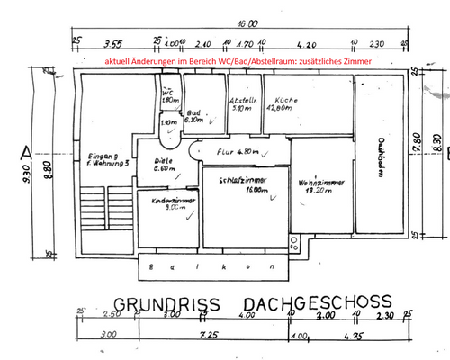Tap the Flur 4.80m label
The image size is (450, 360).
click(x=239, y=151)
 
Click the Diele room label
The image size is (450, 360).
click(x=165, y=162)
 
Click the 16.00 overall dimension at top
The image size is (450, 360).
click(x=247, y=25)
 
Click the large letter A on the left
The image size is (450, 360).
click(x=27, y=151)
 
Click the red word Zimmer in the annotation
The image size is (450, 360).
click(x=351, y=60)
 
